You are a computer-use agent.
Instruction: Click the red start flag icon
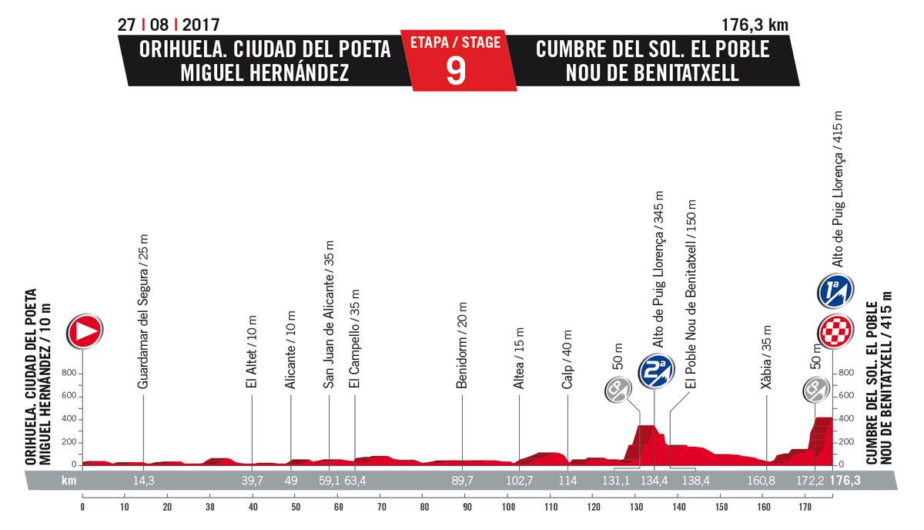pos(85,331)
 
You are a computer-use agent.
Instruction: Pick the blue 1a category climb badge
pos(834,292)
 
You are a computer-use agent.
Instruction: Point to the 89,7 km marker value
pos(463,481)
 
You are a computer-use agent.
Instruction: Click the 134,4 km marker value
pos(654,481)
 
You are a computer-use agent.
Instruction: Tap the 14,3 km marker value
pos(144,481)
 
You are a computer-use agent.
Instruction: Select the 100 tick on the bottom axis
pos(508,507)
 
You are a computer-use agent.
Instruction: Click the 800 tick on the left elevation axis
pos(69,374)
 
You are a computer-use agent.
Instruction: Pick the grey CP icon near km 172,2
pos(814,391)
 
